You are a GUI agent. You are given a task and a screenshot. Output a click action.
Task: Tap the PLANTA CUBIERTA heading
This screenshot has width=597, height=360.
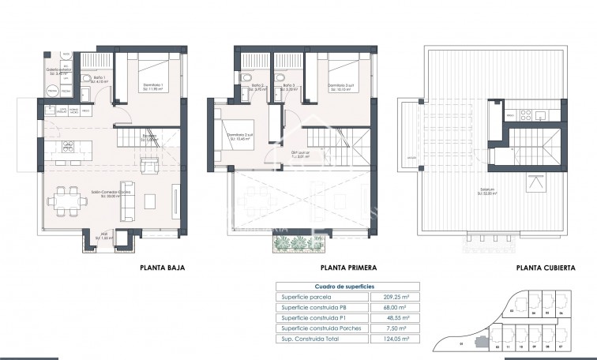point(546,268)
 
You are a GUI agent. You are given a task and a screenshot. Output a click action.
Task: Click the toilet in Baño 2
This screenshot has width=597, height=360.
point(246,77)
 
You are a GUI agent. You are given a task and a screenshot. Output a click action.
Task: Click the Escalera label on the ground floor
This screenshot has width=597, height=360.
point(148,136)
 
